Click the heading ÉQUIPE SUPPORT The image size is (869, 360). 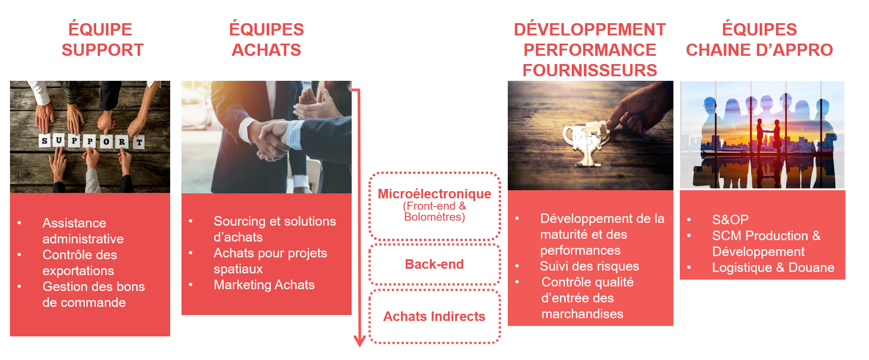coord(102,39)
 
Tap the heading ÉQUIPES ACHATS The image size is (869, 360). coord(266,39)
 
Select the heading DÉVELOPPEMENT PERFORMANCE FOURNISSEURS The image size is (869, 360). coord(589,50)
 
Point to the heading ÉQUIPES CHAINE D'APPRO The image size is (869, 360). coord(759,39)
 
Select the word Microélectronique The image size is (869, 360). coord(434,194)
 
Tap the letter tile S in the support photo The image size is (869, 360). coord(44,141)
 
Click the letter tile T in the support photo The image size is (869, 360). coord(139,142)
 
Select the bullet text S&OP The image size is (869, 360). coord(730,220)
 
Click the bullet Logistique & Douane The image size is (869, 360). coord(773,267)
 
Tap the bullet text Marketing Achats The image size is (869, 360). coord(264,285)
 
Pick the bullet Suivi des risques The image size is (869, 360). coord(589,266)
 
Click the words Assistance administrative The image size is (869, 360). coord(83,231)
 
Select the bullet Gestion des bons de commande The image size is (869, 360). coord(93,294)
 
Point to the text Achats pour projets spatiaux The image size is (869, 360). coord(270,261)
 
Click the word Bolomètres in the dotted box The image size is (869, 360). coord(432,217)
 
